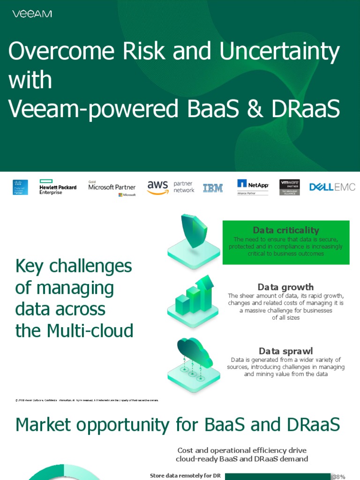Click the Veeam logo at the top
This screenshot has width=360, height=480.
[32, 14]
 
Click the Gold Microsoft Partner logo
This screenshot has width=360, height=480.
[112, 188]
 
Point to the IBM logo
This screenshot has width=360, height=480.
[213, 188]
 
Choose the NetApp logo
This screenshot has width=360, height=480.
[253, 187]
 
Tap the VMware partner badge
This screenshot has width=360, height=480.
[290, 187]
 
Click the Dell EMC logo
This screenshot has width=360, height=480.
[332, 187]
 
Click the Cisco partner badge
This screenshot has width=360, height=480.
[20, 187]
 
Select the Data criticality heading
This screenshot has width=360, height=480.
[286, 230]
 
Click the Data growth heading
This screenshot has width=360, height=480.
[285, 287]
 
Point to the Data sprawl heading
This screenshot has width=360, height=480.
[285, 351]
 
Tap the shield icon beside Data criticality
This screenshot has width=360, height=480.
[194, 232]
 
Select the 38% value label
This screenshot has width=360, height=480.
[338, 477]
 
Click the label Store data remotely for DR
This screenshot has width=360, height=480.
[185, 476]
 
